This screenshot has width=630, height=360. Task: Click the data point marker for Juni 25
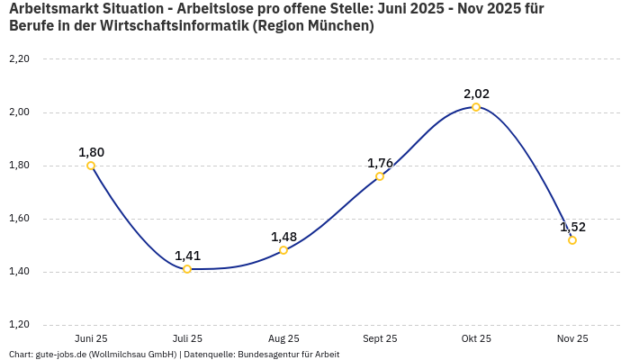(91, 166)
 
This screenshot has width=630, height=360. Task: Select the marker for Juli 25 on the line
(187, 269)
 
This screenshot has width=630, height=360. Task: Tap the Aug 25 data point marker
(283, 250)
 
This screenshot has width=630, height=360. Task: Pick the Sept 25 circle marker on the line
(380, 176)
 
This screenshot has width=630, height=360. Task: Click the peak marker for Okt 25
(476, 107)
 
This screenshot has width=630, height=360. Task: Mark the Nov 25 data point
(572, 240)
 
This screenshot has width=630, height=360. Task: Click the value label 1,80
(91, 152)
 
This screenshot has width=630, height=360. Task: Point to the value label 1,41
(187, 256)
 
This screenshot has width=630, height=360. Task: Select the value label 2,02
(476, 94)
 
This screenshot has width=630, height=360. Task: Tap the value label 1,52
(572, 227)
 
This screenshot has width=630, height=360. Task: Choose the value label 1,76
(380, 163)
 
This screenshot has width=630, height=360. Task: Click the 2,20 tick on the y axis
(19, 59)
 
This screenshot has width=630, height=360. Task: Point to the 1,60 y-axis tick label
(19, 219)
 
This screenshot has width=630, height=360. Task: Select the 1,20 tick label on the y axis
(19, 325)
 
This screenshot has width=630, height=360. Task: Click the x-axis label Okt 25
(476, 338)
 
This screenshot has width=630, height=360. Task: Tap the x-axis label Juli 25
(187, 338)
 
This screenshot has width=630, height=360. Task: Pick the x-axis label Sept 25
(380, 338)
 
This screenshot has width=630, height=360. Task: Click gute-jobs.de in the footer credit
(60, 355)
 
